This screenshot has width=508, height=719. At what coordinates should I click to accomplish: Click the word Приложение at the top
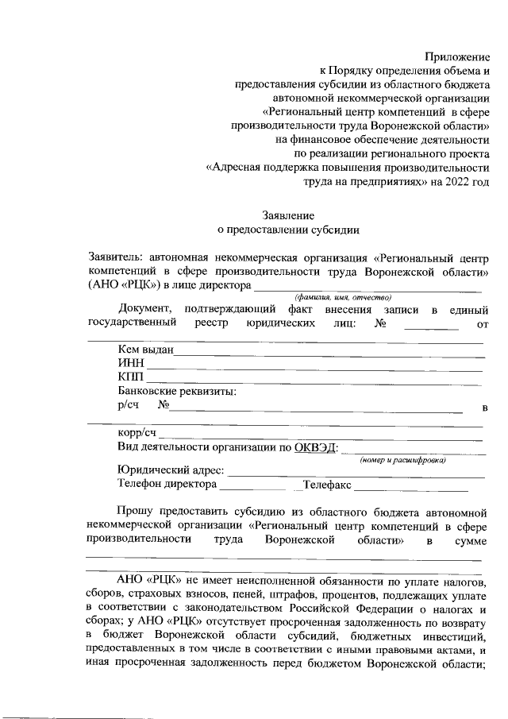point(457,56)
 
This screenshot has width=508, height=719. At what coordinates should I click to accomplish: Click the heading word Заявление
point(288,215)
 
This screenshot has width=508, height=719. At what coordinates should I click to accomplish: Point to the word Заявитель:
point(117,257)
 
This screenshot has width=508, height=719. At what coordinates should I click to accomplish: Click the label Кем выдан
point(145,350)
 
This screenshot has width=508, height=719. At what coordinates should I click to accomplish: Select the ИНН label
point(130,363)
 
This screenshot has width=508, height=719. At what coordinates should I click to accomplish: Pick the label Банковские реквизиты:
point(177,392)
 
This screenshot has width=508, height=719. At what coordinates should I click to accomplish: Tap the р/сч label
point(128,405)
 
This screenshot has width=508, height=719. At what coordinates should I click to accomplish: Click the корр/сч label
point(137,433)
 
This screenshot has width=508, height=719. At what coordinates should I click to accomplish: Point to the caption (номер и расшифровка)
point(402,460)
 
